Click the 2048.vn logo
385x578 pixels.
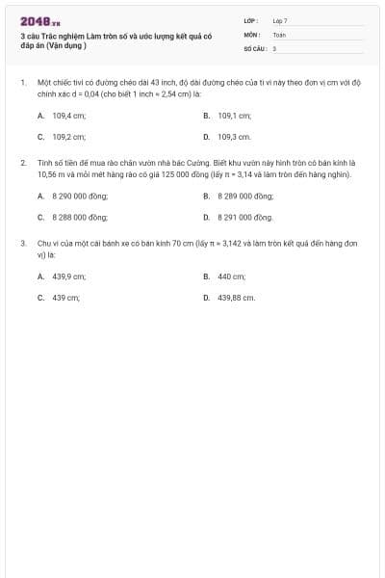point(39,20)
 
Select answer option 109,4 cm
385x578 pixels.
point(68,114)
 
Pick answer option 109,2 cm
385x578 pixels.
point(68,137)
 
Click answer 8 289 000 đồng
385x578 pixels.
point(245,195)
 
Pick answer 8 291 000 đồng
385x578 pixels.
point(245,218)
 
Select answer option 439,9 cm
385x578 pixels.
point(68,276)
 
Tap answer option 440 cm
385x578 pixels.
point(231,276)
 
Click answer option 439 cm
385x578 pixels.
point(65,299)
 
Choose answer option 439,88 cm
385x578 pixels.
point(236,299)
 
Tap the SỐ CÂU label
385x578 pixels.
point(254,47)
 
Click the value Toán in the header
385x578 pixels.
point(279,34)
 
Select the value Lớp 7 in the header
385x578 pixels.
point(280,20)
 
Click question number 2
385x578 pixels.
point(23,164)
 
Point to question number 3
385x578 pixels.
point(23,245)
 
